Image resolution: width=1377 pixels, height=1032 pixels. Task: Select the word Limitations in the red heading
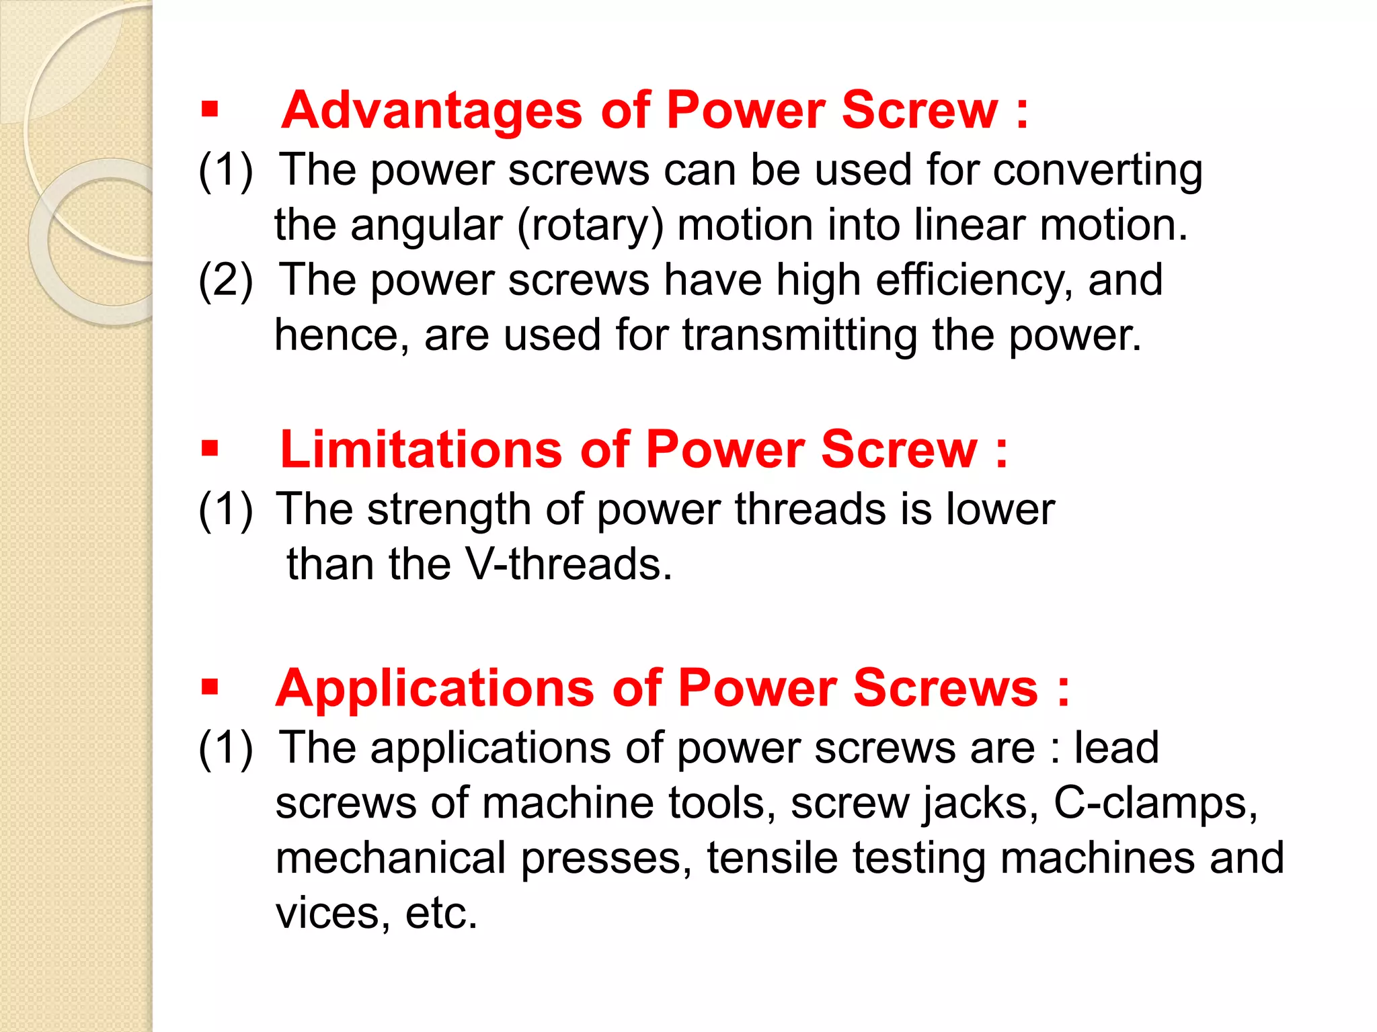click(420, 449)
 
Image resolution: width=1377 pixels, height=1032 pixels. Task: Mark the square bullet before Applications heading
click(210, 687)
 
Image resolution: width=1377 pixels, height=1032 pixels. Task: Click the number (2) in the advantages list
click(226, 280)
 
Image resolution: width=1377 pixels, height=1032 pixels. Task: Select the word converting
click(1097, 171)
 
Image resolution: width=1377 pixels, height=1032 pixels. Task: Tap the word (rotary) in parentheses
click(590, 226)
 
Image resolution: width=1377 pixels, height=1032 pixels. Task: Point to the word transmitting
click(799, 335)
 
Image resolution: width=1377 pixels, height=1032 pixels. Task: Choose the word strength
click(449, 509)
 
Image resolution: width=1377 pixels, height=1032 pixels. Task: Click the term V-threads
click(568, 564)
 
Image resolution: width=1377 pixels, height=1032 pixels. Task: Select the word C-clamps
click(1154, 803)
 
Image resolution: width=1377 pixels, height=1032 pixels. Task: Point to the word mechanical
click(391, 858)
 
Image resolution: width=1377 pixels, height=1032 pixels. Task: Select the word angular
click(426, 226)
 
